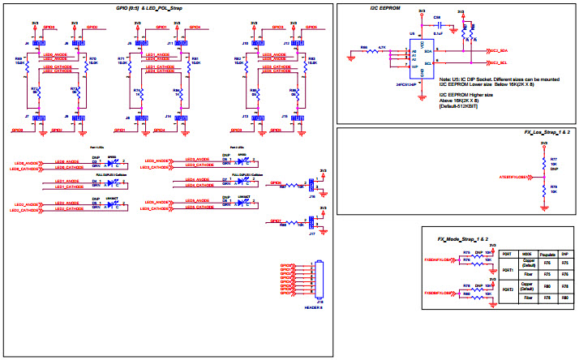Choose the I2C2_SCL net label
pyautogui.click(x=497, y=62)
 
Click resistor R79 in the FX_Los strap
pyautogui.click(x=543, y=191)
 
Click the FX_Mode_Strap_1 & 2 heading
pyautogui.click(x=465, y=241)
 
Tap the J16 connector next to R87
pyautogui.click(x=312, y=186)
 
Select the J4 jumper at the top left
pyautogui.click(x=36, y=42)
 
